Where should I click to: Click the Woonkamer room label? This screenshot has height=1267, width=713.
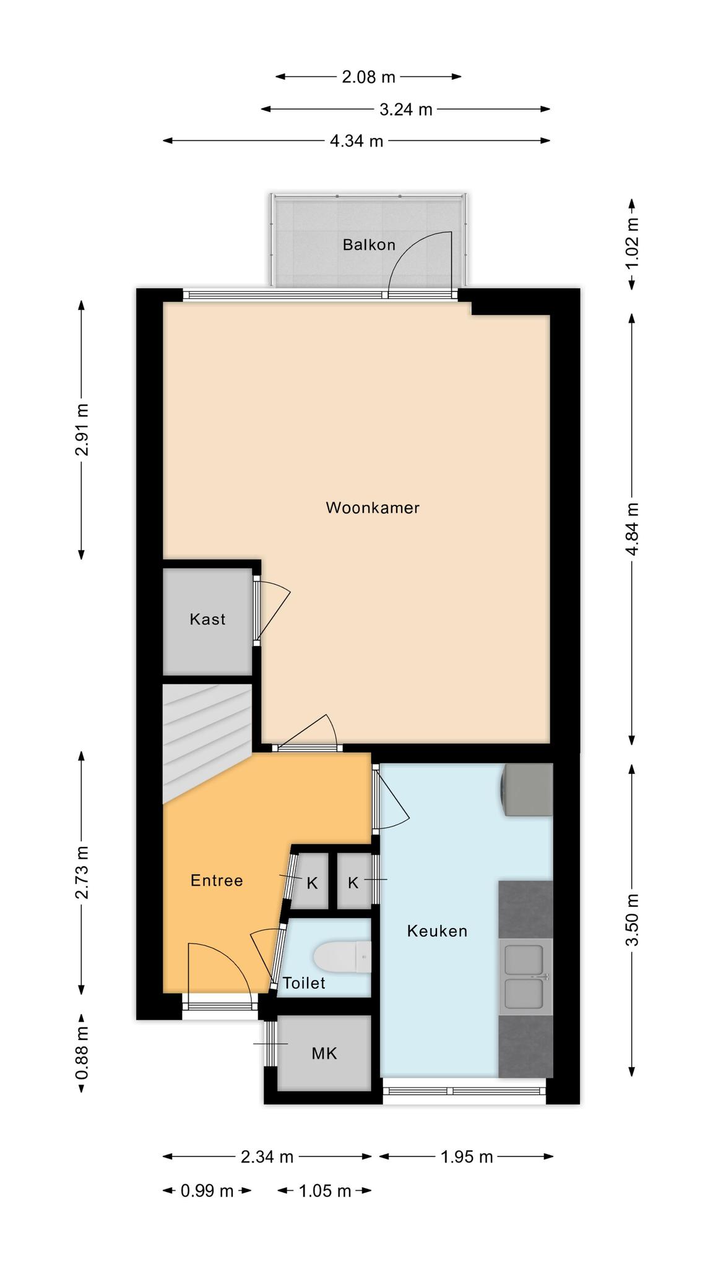point(373,508)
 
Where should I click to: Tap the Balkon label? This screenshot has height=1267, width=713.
point(369,244)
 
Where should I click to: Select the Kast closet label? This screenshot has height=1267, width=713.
point(207,619)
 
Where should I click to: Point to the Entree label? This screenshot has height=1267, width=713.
point(217,880)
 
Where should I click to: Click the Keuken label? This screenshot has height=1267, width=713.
point(437,931)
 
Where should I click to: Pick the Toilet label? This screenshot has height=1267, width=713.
point(304,983)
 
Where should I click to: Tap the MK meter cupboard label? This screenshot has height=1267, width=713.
point(324,1054)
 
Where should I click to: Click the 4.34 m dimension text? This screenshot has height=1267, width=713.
point(356,141)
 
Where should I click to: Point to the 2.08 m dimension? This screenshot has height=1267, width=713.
point(368,77)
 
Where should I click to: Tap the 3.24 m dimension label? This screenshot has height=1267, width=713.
point(405,110)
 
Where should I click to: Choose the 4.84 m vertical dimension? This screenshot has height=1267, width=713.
point(632,529)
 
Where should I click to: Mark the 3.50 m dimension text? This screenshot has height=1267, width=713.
point(632,920)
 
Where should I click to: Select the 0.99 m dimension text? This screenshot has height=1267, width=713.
point(207,1191)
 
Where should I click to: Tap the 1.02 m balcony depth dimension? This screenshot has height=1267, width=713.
point(632,244)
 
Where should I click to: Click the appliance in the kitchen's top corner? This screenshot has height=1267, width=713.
point(527,789)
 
